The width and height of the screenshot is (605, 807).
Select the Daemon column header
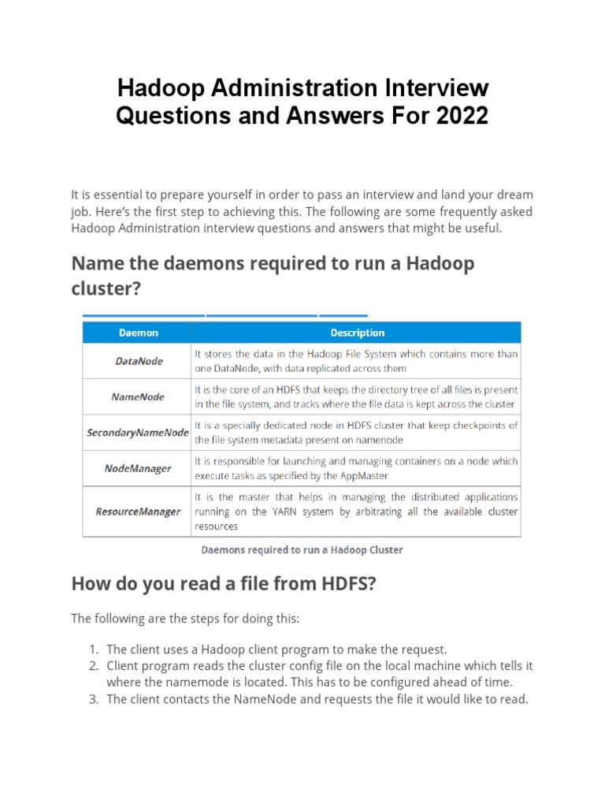click(138, 333)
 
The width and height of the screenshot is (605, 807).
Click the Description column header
click(357, 333)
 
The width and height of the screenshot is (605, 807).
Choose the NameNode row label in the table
click(138, 396)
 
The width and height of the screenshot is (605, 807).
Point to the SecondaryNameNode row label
click(138, 433)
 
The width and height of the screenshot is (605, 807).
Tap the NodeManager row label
click(138, 468)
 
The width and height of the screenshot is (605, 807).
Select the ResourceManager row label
click(138, 511)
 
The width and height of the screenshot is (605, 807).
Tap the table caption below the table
click(302, 549)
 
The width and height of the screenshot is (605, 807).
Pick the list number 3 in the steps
click(93, 699)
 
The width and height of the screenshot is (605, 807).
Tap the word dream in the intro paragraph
click(515, 195)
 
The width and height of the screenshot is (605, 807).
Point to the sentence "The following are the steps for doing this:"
click(185, 619)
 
